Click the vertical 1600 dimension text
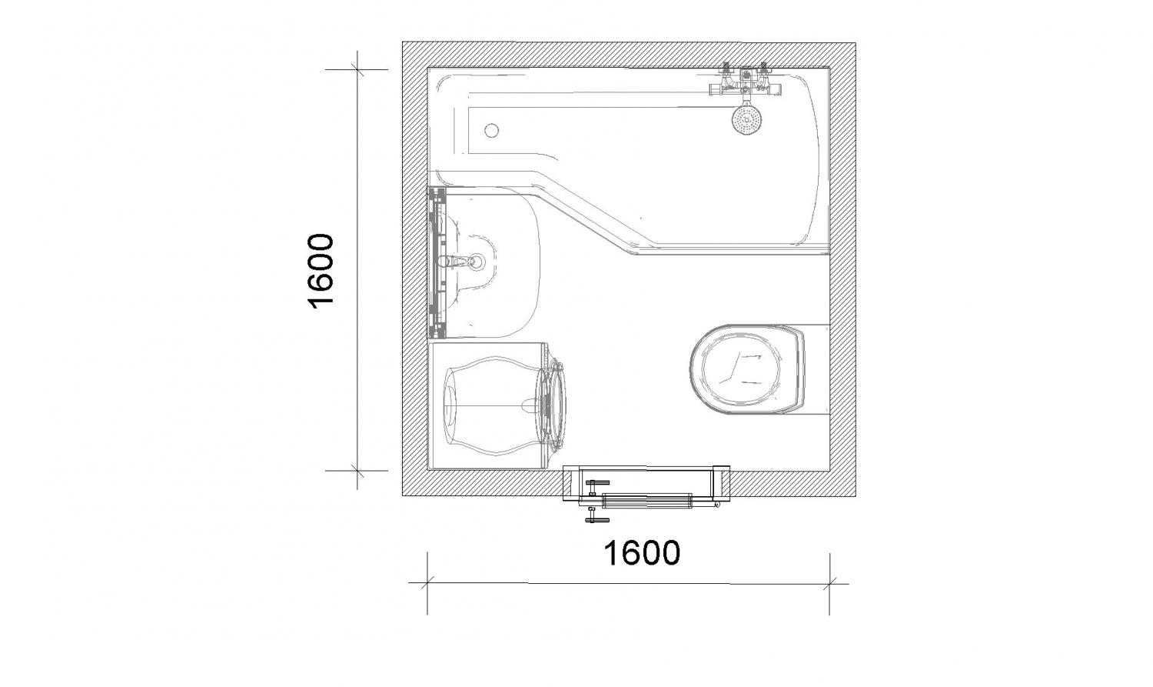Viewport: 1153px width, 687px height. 321,271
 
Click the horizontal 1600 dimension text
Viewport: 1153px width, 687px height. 641,552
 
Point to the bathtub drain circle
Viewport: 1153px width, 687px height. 492,130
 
